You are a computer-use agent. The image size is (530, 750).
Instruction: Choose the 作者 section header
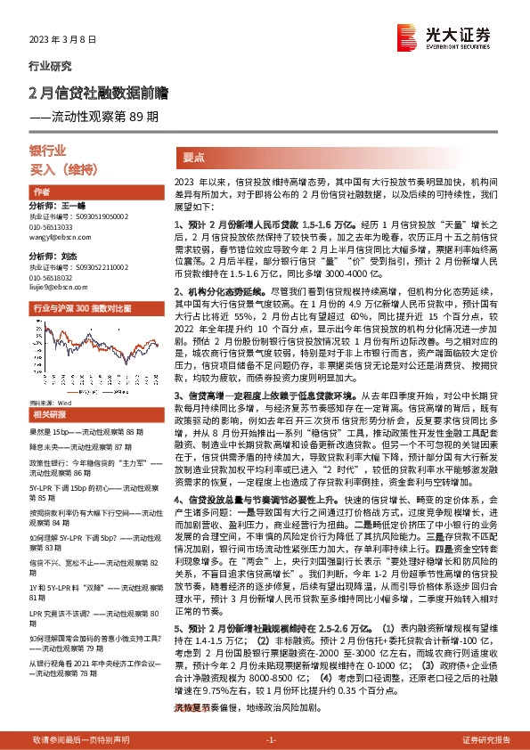pos(41,192)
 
